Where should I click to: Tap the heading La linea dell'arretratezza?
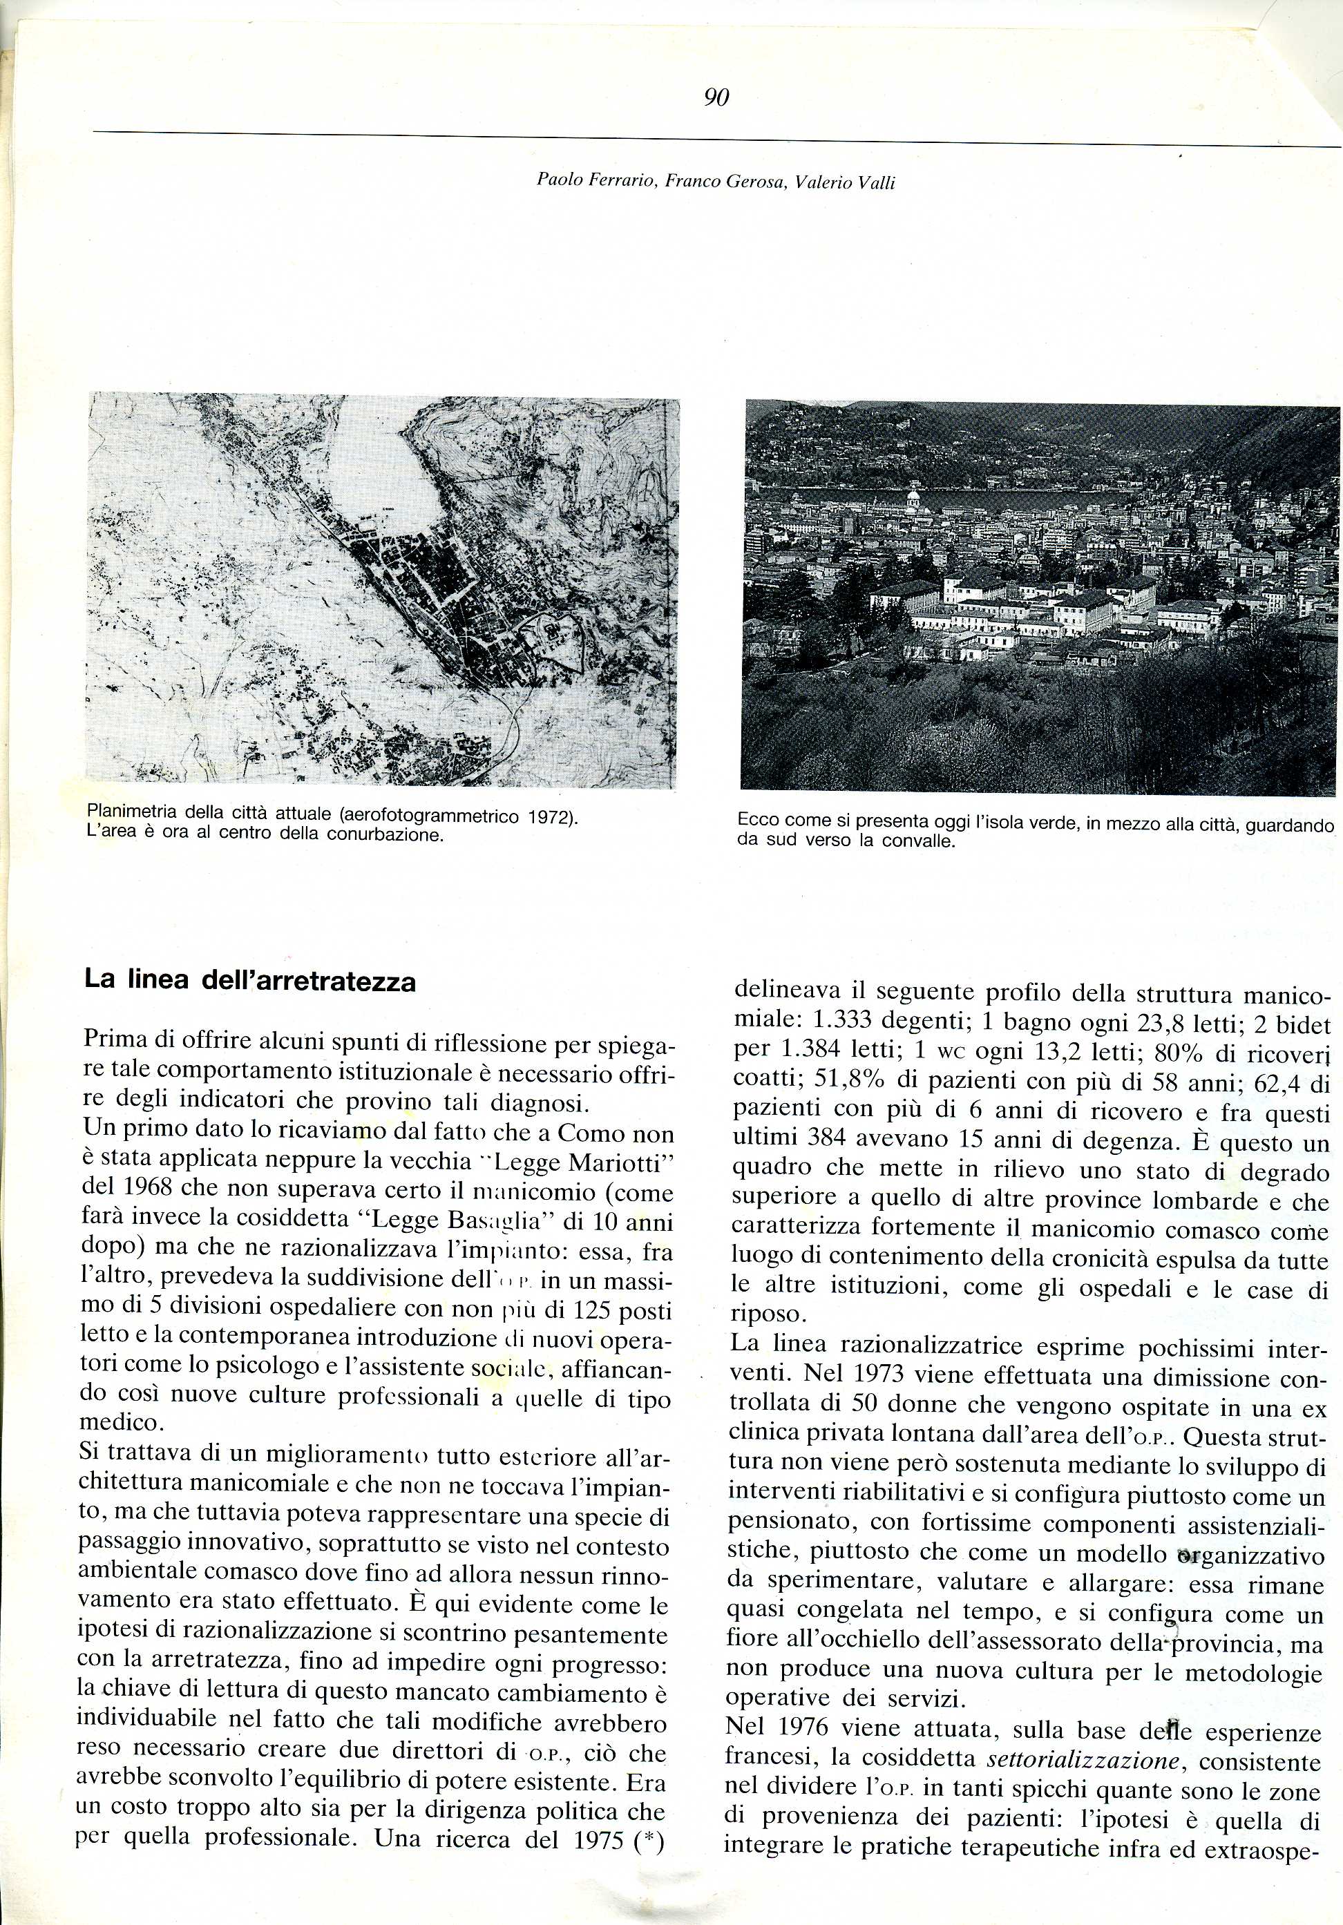[250, 981]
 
